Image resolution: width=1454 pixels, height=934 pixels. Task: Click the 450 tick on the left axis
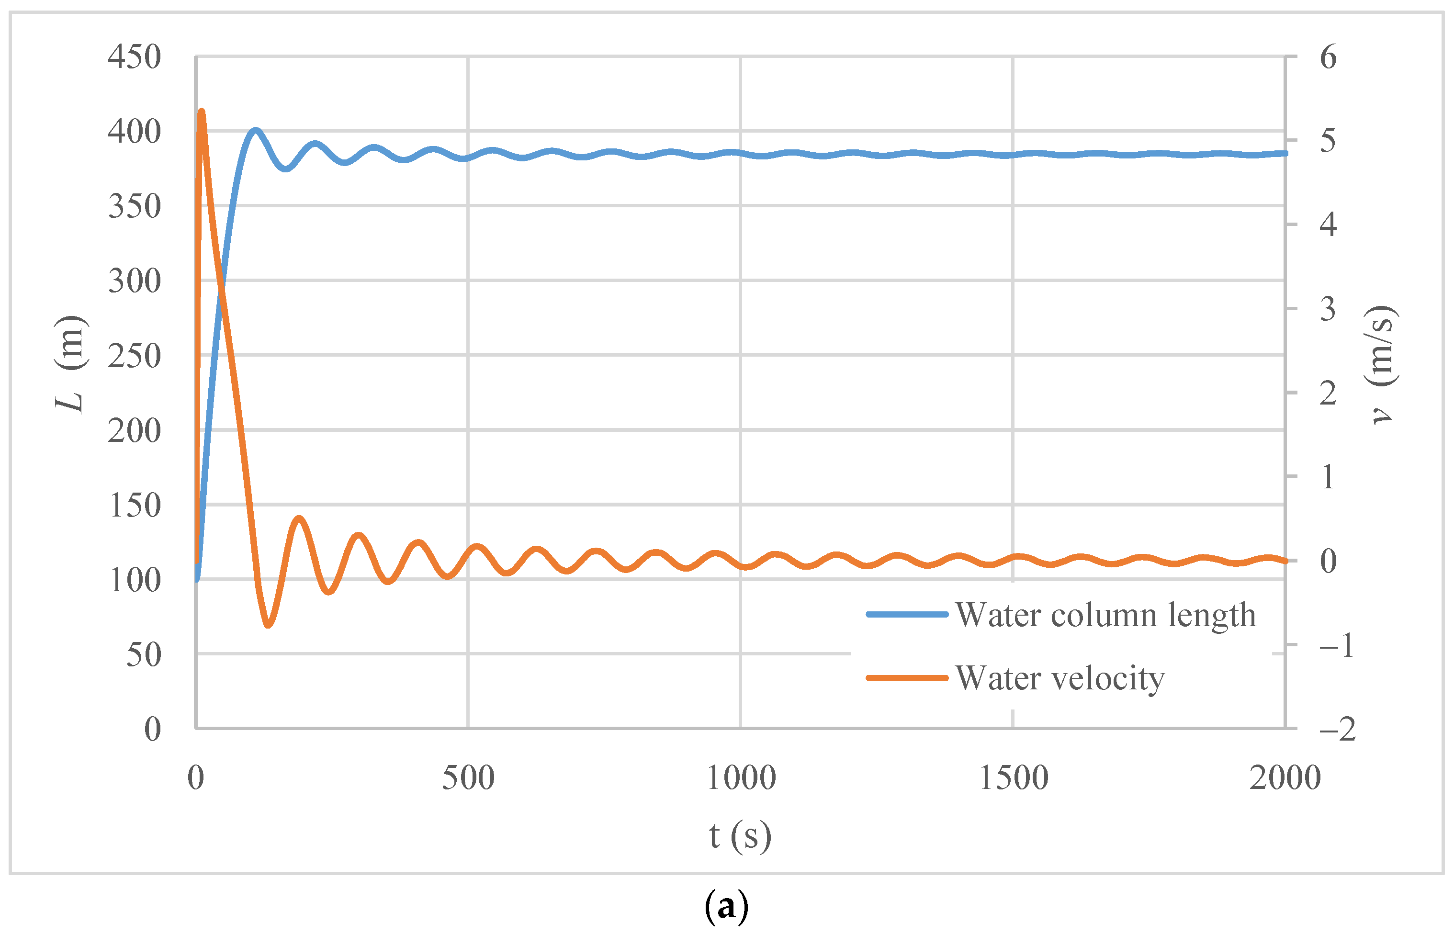click(x=134, y=57)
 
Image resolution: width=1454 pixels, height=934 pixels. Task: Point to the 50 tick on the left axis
click(x=144, y=654)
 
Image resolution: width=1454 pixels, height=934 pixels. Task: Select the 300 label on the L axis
click(x=134, y=281)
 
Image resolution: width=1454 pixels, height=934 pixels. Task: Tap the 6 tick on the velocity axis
click(x=1328, y=57)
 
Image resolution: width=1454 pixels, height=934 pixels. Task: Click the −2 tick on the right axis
click(x=1337, y=729)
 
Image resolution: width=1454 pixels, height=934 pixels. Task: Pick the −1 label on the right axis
click(x=1336, y=645)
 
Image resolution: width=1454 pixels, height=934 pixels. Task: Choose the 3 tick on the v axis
click(x=1328, y=309)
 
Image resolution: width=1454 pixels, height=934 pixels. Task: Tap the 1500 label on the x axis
click(x=1013, y=778)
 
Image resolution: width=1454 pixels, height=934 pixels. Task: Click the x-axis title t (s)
click(x=740, y=836)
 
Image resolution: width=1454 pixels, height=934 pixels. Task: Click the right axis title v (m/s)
click(x=1383, y=364)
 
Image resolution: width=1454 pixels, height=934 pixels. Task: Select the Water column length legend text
click(x=1105, y=615)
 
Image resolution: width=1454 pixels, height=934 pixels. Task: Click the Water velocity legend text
click(x=1060, y=678)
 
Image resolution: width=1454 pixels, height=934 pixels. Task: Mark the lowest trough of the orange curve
click(x=268, y=625)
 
